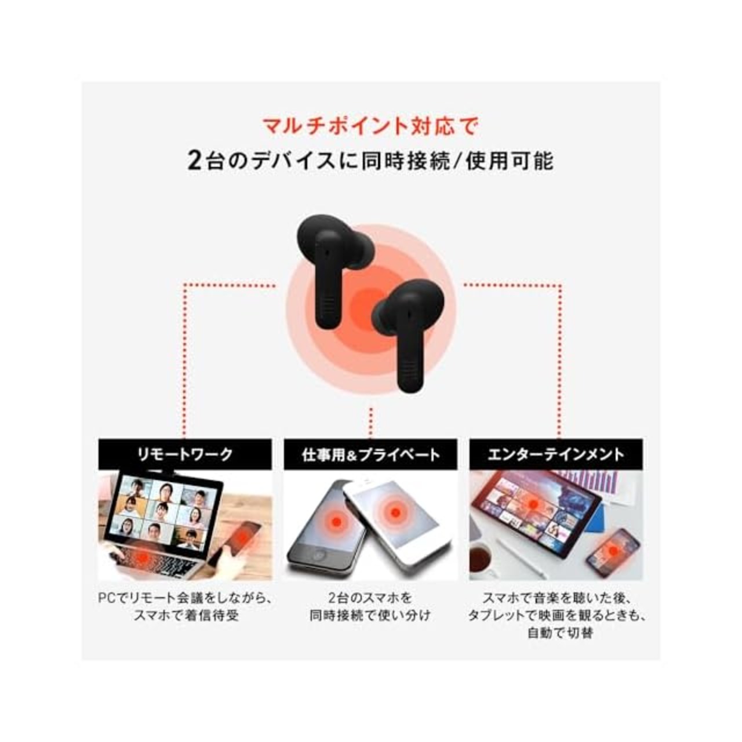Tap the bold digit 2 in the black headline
[194, 161]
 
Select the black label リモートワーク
[185, 454]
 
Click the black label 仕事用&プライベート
[370, 454]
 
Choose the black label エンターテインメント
[556, 454]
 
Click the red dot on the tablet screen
[533, 503]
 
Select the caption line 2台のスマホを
[370, 598]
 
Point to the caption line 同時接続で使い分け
[370, 615]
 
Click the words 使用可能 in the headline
[510, 161]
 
